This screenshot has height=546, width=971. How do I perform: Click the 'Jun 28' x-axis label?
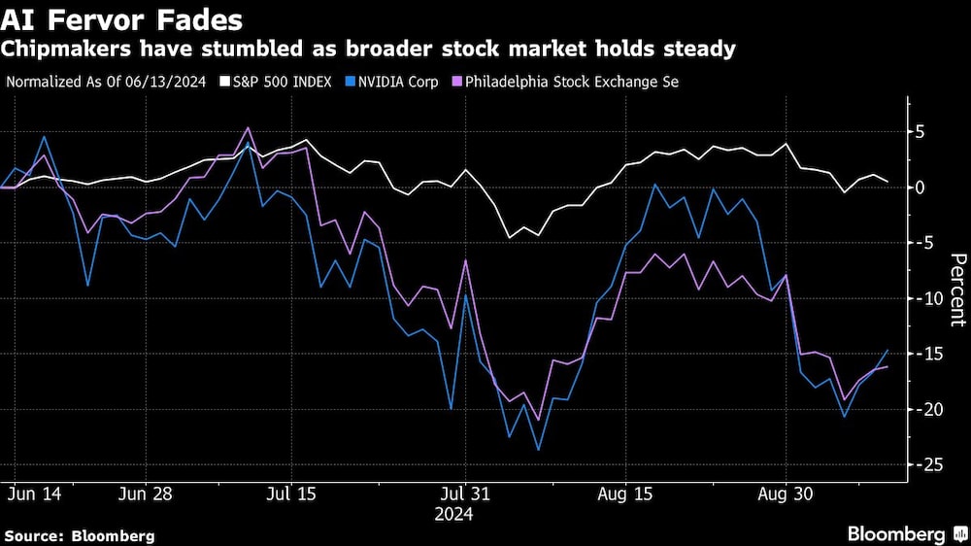(145, 494)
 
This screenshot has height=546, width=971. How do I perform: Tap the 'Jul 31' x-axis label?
(466, 494)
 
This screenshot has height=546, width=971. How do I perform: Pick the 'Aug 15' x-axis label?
(625, 494)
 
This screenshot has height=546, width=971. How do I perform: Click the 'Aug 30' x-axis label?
(785, 494)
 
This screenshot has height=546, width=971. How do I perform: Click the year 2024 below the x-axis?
(453, 513)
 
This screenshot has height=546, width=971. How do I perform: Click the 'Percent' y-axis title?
(956, 289)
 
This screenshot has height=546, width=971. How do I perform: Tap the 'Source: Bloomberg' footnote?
(80, 535)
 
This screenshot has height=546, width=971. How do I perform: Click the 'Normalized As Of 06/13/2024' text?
(108, 82)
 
